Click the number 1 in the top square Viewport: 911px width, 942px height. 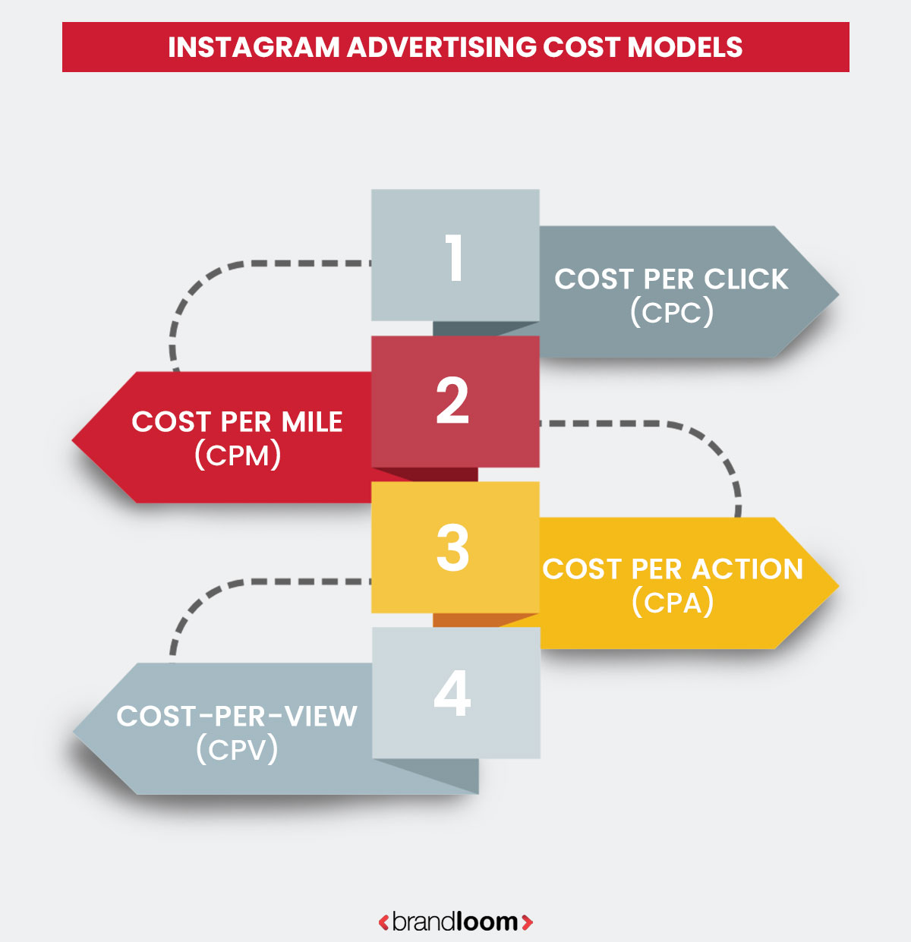click(454, 257)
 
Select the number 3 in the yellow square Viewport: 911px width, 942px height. click(452, 547)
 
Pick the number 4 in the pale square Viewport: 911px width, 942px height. click(452, 693)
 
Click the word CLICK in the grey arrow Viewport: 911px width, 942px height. click(746, 279)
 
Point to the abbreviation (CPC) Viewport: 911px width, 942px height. click(672, 311)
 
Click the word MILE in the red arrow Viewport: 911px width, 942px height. click(312, 422)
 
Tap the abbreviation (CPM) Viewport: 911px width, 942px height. click(238, 455)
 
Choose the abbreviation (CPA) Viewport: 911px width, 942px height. click(673, 603)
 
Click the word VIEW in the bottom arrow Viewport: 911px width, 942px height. click(319, 716)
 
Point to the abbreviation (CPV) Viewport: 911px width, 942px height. click(237, 749)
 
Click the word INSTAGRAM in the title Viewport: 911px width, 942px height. click(254, 47)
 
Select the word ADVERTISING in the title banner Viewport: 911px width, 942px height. click(442, 47)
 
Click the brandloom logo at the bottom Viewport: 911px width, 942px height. click(455, 922)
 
